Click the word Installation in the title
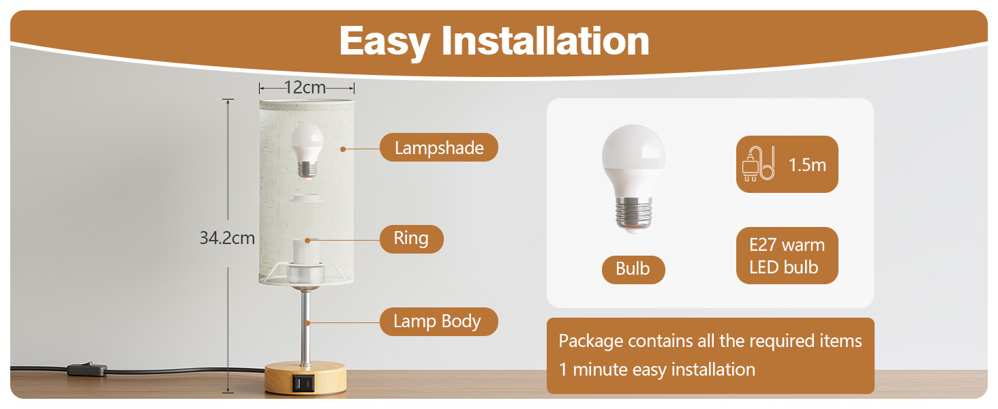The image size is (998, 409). tap(545, 41)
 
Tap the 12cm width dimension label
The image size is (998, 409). tap(305, 87)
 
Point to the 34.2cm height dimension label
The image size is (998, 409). tap(227, 238)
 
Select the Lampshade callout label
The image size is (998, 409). tap(439, 147)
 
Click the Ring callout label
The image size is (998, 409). tap(411, 239)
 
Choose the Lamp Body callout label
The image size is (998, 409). tap(438, 321)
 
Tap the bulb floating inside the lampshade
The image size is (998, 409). tap(307, 150)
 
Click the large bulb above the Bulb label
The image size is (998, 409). tap(633, 177)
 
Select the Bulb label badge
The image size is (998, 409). tap(633, 269)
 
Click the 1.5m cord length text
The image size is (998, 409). tap(807, 165)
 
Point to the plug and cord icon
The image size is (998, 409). tap(758, 164)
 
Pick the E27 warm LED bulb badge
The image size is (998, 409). tap(787, 256)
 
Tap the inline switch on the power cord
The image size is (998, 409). tap(87, 369)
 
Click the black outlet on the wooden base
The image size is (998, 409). tap(303, 383)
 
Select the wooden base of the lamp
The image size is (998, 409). tap(305, 378)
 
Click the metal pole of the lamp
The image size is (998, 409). tap(305, 326)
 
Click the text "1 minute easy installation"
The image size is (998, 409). tap(656, 369)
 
